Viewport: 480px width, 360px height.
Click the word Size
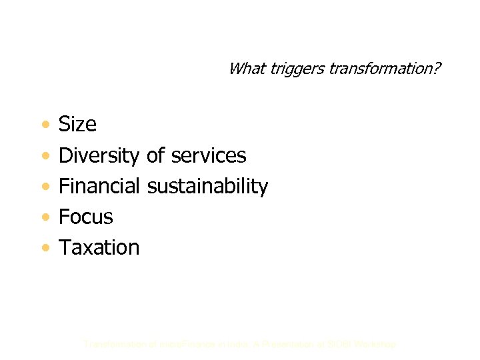tap(77, 124)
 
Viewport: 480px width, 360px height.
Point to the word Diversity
tap(99, 155)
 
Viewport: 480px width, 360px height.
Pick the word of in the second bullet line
tap(155, 155)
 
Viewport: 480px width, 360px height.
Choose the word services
tap(209, 155)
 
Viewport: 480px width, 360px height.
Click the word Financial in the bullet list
tap(99, 186)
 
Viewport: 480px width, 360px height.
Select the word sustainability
tap(207, 187)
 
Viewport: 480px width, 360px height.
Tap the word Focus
tap(86, 217)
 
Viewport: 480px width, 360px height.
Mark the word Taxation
tap(99, 247)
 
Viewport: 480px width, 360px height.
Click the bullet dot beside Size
tap(44, 125)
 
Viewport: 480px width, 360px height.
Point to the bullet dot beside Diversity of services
tap(44, 156)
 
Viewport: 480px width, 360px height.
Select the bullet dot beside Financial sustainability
tap(44, 187)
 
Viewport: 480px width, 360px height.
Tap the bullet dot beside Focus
tap(44, 217)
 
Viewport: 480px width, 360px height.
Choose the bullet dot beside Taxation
tap(44, 248)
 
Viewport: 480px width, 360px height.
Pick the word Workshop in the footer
tap(374, 345)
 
